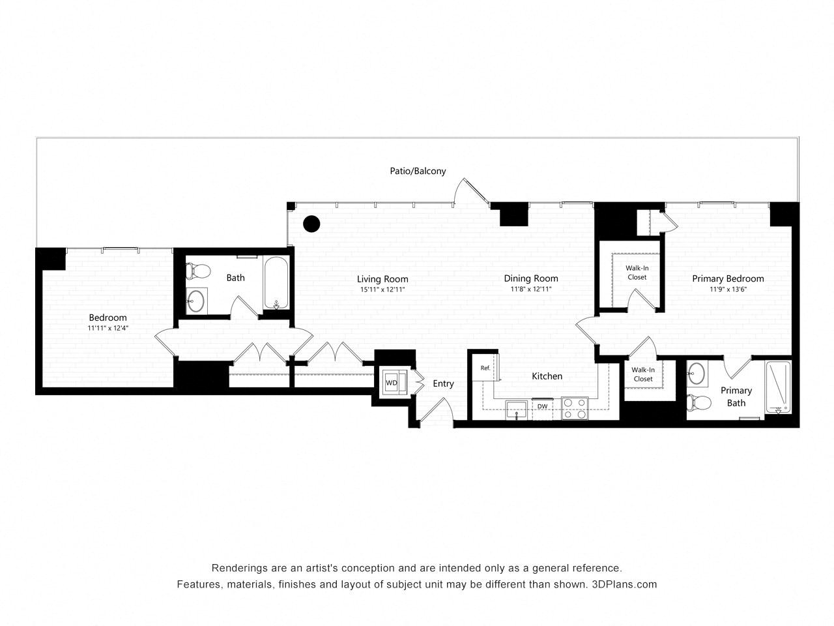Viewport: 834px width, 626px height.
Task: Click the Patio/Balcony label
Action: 418,171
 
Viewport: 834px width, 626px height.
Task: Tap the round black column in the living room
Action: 312,224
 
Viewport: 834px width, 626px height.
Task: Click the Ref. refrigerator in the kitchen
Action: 485,368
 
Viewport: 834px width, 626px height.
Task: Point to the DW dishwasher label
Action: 542,407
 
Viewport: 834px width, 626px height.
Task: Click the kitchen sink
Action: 517,411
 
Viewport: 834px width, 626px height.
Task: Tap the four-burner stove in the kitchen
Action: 575,408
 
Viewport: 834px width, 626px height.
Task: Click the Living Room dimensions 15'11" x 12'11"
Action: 382,290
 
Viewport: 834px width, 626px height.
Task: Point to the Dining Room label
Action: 531,278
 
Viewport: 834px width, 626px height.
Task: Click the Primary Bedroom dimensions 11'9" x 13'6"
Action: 728,290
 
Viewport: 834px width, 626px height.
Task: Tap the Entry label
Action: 443,383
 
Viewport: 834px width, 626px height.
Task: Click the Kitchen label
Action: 547,376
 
